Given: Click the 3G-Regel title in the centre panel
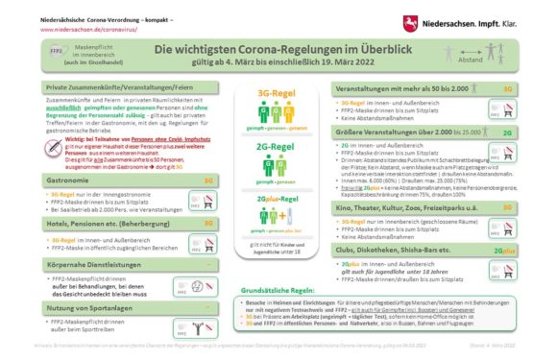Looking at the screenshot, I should pos(279,92).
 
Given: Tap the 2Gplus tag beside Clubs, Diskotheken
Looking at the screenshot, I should pos(504,251).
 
